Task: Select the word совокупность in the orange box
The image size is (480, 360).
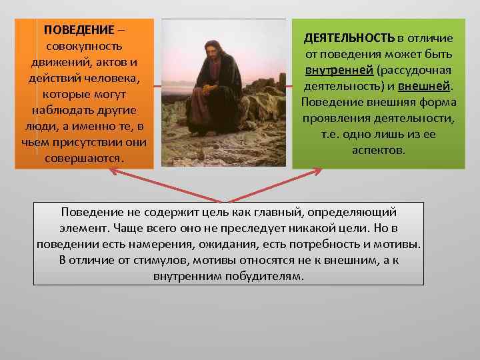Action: point(83,47)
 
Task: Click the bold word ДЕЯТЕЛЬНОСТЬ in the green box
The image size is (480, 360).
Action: point(349,37)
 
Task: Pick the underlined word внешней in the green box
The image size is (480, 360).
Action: point(425,86)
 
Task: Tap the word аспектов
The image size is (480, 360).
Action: point(377,150)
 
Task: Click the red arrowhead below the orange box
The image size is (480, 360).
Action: point(113,172)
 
